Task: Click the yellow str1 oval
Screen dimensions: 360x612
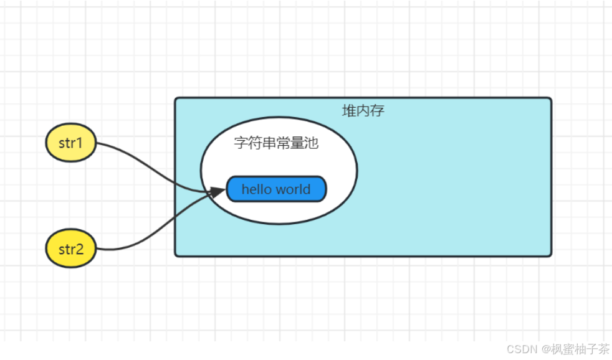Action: (x=71, y=143)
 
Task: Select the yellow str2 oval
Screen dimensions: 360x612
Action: (x=71, y=249)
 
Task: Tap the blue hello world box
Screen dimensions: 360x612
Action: (x=276, y=189)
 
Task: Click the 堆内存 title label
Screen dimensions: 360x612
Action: (x=363, y=111)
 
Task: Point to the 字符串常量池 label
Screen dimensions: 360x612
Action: (x=276, y=143)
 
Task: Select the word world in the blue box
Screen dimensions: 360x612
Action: (x=294, y=189)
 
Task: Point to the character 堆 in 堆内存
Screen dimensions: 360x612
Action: (x=350, y=111)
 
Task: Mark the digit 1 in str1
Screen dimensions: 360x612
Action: (x=80, y=143)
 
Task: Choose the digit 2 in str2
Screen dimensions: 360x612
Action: (x=80, y=250)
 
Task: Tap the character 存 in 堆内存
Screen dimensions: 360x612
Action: (x=377, y=111)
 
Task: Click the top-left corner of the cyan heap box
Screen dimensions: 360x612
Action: (x=176, y=98)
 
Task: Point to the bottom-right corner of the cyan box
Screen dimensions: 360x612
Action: (x=550, y=255)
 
